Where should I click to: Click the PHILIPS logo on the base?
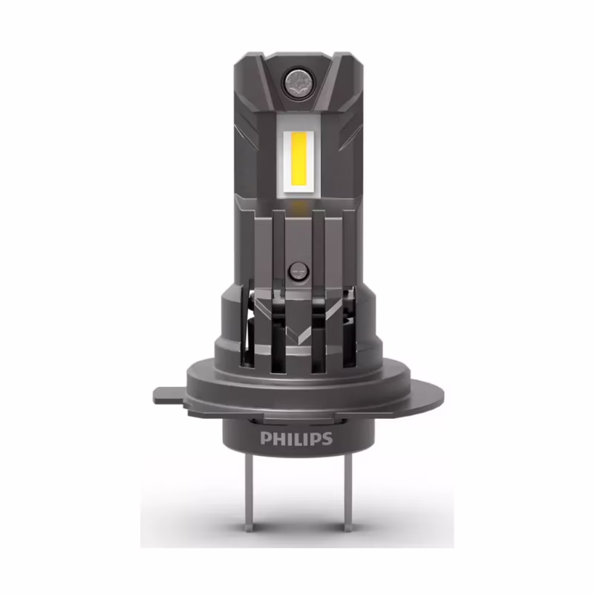(296, 438)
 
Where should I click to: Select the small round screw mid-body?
(299, 272)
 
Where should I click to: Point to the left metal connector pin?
(249, 493)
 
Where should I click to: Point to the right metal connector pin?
(347, 493)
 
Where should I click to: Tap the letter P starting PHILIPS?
(266, 439)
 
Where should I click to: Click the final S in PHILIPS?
(327, 439)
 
